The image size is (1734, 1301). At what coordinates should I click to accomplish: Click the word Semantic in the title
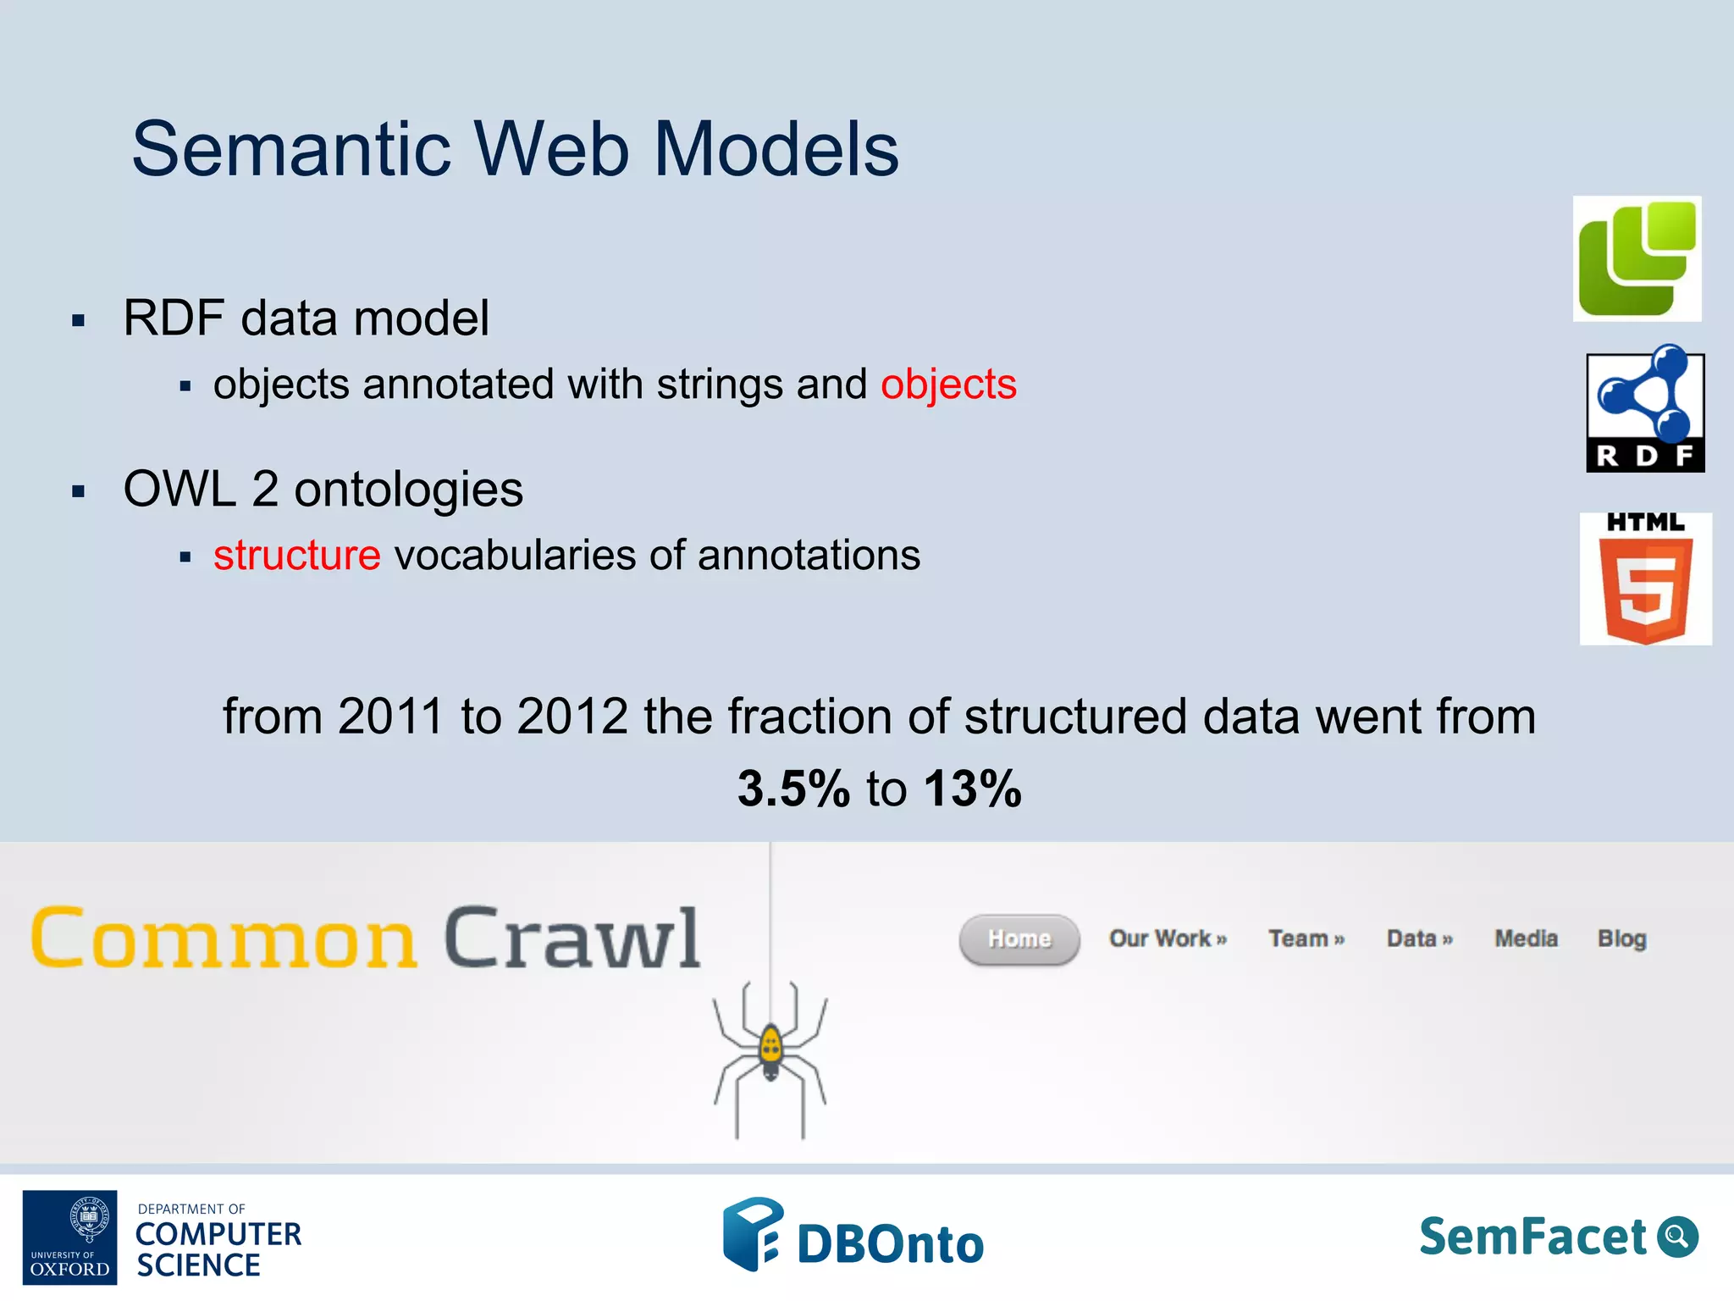click(x=291, y=149)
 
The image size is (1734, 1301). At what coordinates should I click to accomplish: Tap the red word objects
click(x=948, y=385)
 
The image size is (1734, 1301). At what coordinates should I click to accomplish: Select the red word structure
click(x=296, y=556)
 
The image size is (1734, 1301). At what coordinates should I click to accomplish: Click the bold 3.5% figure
click(x=793, y=789)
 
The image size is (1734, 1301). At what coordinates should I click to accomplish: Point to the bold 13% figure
click(x=973, y=789)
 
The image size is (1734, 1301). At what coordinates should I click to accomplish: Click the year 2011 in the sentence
click(x=390, y=717)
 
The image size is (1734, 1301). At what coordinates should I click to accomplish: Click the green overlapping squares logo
click(x=1637, y=259)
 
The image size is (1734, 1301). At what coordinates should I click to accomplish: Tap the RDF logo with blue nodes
click(x=1644, y=410)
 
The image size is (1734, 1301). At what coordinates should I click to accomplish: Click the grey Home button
click(x=1019, y=939)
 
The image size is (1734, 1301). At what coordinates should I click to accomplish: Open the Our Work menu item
click(x=1167, y=939)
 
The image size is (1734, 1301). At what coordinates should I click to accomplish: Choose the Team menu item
click(x=1306, y=939)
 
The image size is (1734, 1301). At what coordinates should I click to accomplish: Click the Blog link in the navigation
click(x=1621, y=939)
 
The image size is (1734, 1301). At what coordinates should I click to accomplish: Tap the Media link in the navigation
click(x=1526, y=939)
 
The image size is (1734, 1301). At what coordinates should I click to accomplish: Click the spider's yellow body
click(x=770, y=1049)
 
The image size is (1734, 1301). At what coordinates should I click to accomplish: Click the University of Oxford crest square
click(x=69, y=1237)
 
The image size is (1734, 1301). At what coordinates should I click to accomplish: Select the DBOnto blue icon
click(x=751, y=1233)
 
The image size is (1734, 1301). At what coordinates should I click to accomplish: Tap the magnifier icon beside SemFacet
click(x=1677, y=1237)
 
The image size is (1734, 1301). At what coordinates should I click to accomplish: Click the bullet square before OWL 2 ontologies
click(x=79, y=491)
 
